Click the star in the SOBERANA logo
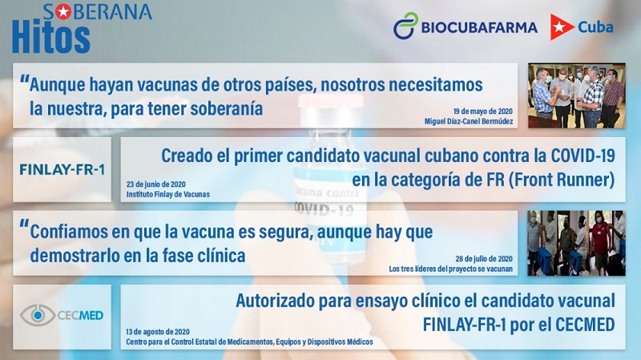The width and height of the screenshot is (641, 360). click(x=63, y=12)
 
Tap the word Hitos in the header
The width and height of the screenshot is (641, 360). click(x=51, y=37)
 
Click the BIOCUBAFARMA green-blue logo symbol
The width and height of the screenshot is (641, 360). click(x=405, y=26)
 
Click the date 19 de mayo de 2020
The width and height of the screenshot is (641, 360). click(x=483, y=111)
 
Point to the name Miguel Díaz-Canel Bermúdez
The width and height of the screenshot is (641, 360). click(x=469, y=121)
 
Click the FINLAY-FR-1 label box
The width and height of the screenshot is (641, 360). click(x=62, y=169)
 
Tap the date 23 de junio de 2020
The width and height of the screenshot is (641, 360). click(x=155, y=184)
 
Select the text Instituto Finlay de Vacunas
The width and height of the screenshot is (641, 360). click(x=168, y=194)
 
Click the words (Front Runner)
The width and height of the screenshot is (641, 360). click(x=562, y=180)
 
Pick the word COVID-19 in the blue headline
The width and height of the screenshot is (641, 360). click(x=583, y=156)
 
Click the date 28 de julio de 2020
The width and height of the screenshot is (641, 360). click(x=484, y=258)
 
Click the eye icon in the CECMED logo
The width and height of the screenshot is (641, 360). click(x=38, y=315)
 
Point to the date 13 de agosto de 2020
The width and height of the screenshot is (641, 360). click(x=158, y=332)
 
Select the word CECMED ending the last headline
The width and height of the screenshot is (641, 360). click(x=585, y=325)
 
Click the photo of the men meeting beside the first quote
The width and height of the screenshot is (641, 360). click(x=576, y=95)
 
